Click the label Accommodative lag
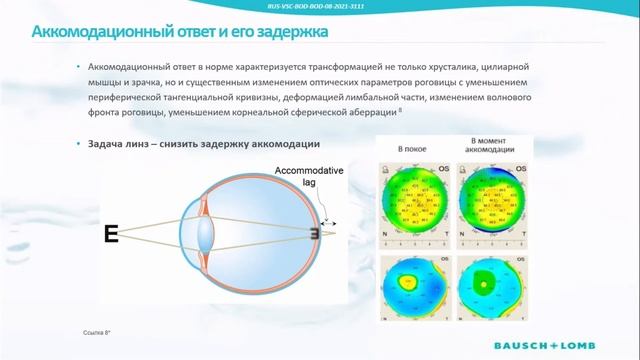(309, 177)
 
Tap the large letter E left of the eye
(111, 235)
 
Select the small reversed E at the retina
(312, 235)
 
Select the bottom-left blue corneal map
(412, 291)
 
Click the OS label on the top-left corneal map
(440, 167)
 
